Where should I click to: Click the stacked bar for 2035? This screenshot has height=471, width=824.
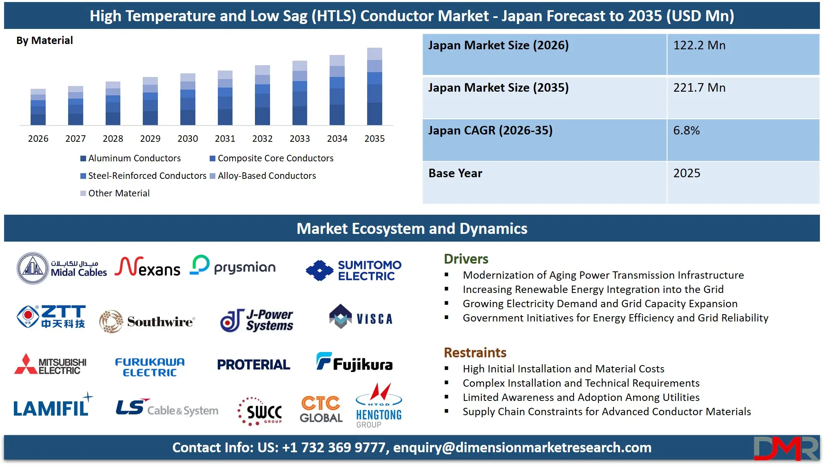pyautogui.click(x=374, y=86)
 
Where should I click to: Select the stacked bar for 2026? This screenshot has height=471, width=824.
pyautogui.click(x=38, y=107)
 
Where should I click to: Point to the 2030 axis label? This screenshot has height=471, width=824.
pyautogui.click(x=188, y=139)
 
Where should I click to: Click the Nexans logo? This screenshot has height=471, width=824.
pyautogui.click(x=147, y=267)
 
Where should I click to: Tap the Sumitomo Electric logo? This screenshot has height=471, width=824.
pyautogui.click(x=354, y=270)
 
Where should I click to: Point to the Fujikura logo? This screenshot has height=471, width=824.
pyautogui.click(x=354, y=362)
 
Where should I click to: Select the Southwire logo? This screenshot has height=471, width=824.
pyautogui.click(x=147, y=321)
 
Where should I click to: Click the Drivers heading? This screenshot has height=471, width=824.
pyautogui.click(x=466, y=259)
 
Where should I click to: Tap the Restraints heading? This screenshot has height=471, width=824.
pyautogui.click(x=475, y=352)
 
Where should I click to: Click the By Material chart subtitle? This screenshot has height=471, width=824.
pyautogui.click(x=44, y=40)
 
